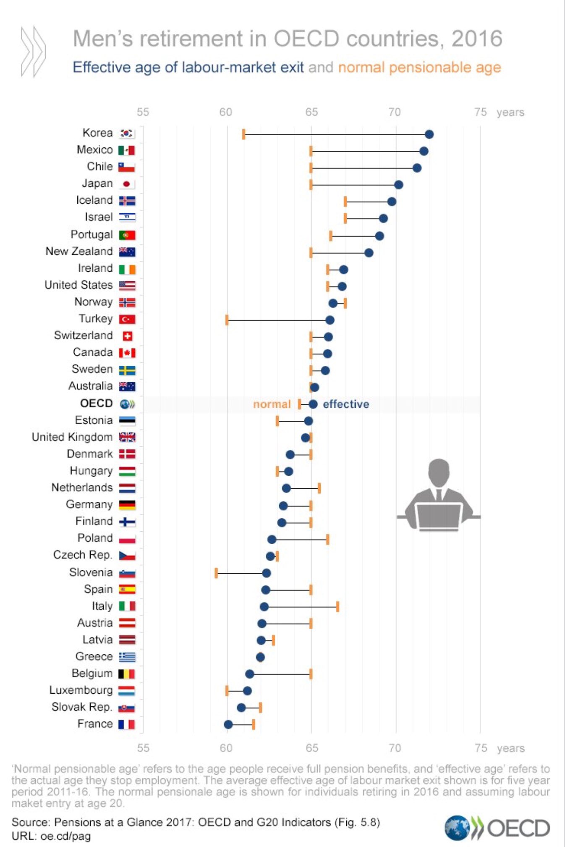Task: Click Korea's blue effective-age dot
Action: (429, 134)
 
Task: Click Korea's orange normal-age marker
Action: (243, 134)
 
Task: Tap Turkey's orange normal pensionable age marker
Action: (227, 320)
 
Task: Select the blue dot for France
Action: (228, 724)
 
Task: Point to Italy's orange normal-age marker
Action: (337, 607)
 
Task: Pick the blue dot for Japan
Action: (399, 185)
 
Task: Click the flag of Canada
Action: (127, 353)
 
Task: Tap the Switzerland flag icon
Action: (127, 336)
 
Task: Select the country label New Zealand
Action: (79, 252)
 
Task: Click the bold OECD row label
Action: (96, 404)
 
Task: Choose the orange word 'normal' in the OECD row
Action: (272, 404)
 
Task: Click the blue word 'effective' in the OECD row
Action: (346, 404)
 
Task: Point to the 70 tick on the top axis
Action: (395, 112)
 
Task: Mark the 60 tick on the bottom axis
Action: (226, 748)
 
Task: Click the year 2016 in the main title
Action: (477, 39)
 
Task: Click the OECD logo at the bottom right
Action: (497, 828)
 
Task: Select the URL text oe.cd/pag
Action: (65, 836)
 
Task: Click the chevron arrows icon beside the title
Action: (33, 51)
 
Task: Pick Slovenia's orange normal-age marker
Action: (216, 573)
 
